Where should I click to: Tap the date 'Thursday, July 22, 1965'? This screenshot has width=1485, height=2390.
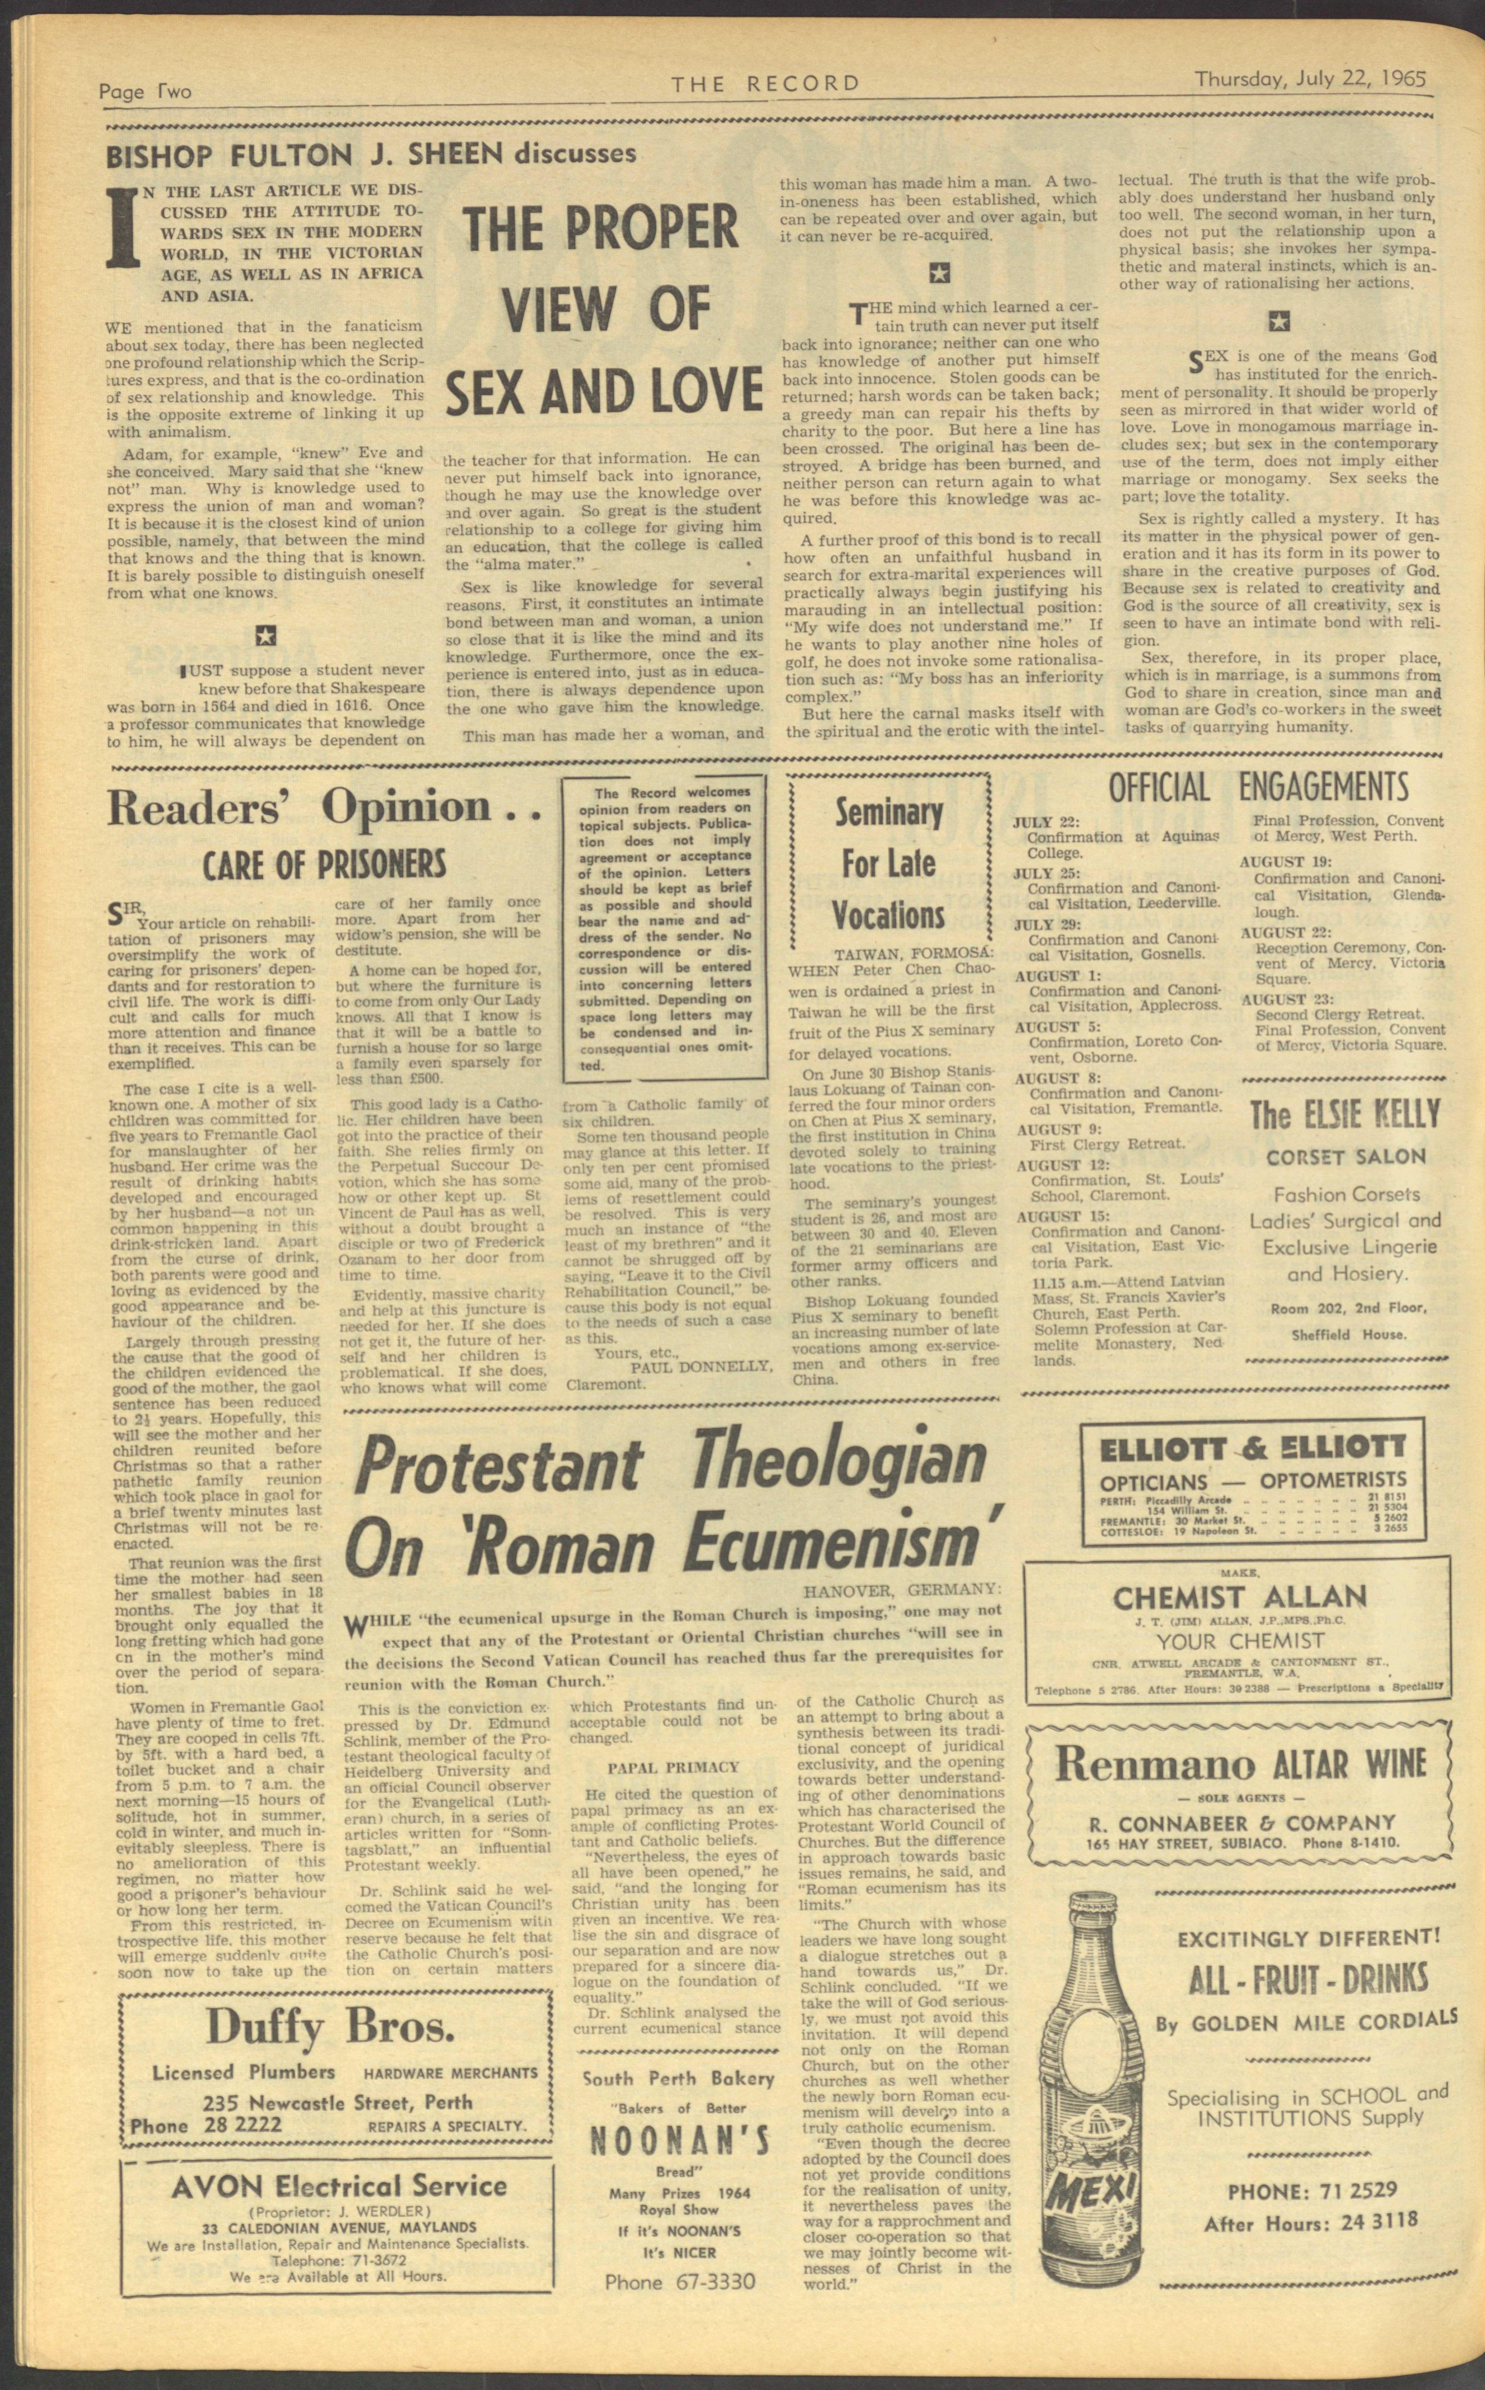pyautogui.click(x=1310, y=78)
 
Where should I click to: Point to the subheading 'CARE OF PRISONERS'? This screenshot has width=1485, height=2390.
pyautogui.click(x=324, y=865)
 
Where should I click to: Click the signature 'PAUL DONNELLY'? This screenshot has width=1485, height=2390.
pyautogui.click(x=701, y=1366)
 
